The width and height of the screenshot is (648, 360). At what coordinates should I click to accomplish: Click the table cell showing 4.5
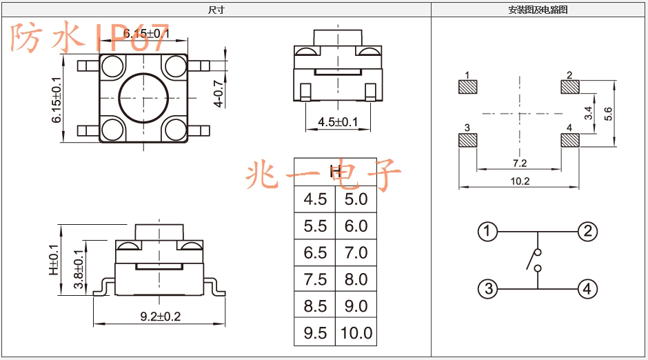315,199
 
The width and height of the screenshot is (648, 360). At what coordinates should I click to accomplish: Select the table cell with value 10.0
356,332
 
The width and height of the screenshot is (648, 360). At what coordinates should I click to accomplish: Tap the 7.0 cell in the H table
356,252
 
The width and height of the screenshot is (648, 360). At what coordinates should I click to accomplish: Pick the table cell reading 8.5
315,306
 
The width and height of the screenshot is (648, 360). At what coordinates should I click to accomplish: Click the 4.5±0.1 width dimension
338,122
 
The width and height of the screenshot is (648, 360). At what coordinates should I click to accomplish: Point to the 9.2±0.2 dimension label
161,317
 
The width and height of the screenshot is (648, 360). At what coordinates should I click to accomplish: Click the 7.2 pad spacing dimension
520,163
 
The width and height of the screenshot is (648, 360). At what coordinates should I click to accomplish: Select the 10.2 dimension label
520,181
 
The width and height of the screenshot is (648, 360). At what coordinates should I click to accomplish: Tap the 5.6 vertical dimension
608,114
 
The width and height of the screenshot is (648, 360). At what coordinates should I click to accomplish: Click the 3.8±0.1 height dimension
78,269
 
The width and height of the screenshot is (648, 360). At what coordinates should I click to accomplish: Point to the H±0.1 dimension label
54,260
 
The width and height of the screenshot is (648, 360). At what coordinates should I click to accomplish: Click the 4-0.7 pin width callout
219,94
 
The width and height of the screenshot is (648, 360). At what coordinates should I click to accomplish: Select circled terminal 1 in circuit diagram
487,232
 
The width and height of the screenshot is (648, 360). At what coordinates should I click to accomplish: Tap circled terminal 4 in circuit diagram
587,288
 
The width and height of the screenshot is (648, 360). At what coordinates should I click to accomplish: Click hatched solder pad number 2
570,87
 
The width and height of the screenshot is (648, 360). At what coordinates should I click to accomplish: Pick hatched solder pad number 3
468,140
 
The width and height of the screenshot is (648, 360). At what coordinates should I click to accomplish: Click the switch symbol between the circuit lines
534,260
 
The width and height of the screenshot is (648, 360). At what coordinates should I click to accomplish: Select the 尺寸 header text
216,10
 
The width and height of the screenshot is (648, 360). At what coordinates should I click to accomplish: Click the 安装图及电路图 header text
538,10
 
